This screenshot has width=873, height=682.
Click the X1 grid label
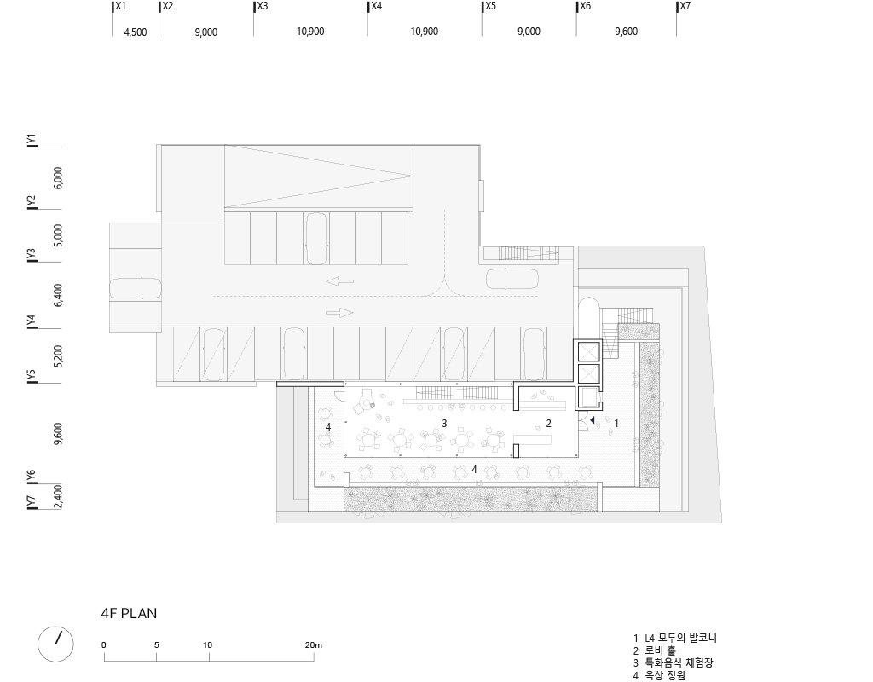(x=120, y=6)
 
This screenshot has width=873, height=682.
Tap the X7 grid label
(x=685, y=6)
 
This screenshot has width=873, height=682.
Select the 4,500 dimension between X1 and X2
(x=136, y=32)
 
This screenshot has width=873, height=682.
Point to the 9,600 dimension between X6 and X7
(x=626, y=32)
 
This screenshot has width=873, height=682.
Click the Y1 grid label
(x=31, y=139)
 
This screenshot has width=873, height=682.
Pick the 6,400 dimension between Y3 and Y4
(x=58, y=295)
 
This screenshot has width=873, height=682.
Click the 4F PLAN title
(x=129, y=613)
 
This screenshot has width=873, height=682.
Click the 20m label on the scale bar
(x=314, y=645)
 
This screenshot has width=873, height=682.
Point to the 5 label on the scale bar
(x=157, y=645)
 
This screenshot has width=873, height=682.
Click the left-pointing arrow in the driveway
(x=339, y=280)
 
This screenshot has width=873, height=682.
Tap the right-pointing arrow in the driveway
(x=339, y=313)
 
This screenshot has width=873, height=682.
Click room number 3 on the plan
(x=444, y=423)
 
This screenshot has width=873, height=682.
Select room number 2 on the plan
(x=549, y=423)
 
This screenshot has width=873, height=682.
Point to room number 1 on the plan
(x=616, y=423)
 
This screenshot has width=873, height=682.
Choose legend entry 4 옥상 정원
(x=659, y=676)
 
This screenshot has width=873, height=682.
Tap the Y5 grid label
(x=31, y=375)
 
